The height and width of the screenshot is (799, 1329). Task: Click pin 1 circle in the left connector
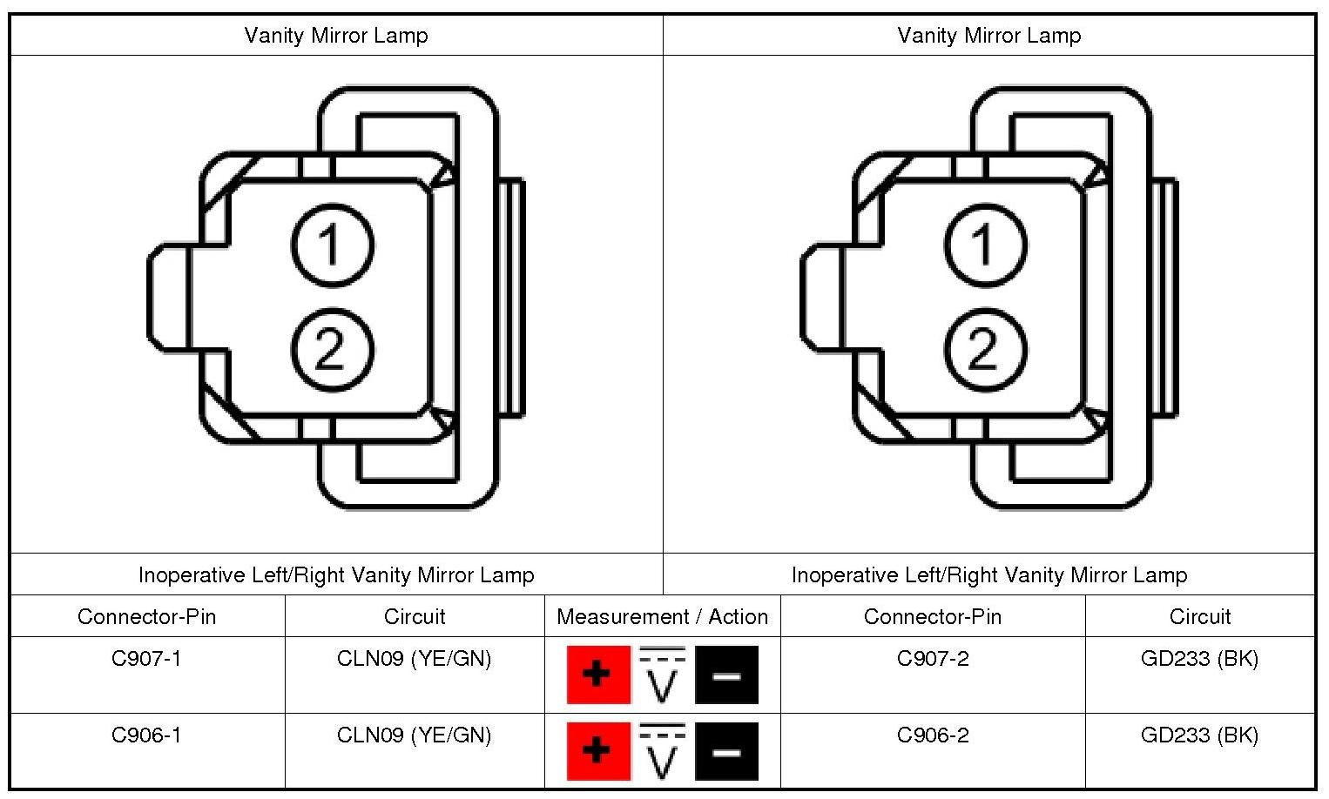pyautogui.click(x=332, y=245)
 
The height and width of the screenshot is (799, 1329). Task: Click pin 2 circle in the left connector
pyautogui.click(x=332, y=350)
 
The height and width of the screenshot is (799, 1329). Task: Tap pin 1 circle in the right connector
pyautogui.click(x=985, y=245)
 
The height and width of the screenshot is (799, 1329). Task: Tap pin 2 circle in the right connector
pyautogui.click(x=985, y=350)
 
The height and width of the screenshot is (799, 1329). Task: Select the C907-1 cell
pyautogui.click(x=146, y=659)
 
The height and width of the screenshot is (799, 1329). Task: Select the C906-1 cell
pyautogui.click(x=146, y=735)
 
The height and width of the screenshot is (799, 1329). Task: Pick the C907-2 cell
pyautogui.click(x=932, y=659)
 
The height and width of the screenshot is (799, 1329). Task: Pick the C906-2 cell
pyautogui.click(x=932, y=735)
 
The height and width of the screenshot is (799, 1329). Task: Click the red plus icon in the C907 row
pyautogui.click(x=598, y=675)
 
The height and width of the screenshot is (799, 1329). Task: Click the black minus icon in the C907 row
pyautogui.click(x=726, y=675)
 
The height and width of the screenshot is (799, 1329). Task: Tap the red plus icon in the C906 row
pyautogui.click(x=598, y=750)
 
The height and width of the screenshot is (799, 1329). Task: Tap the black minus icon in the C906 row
pyautogui.click(x=726, y=750)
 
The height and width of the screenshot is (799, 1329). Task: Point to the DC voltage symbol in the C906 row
pyautogui.click(x=663, y=750)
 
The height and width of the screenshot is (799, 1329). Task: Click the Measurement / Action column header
pyautogui.click(x=662, y=617)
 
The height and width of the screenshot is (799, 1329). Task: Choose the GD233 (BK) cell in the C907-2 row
pyautogui.click(x=1199, y=659)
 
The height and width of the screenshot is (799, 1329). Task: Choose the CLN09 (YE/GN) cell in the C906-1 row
pyautogui.click(x=414, y=735)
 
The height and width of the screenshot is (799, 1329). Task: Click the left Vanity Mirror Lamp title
pyautogui.click(x=336, y=36)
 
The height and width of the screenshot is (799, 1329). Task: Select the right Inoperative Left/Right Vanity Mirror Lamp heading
pyautogui.click(x=988, y=575)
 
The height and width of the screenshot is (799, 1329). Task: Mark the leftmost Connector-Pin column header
pyautogui.click(x=146, y=617)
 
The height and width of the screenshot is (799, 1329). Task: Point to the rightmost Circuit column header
pyautogui.click(x=1199, y=617)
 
